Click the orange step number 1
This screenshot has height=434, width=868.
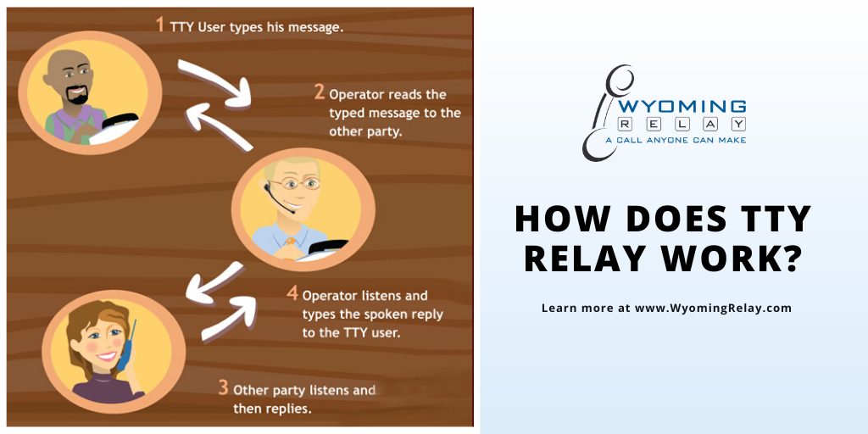[x=160, y=25]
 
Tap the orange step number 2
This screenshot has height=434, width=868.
[x=320, y=92]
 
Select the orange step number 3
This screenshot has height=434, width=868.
[x=223, y=387]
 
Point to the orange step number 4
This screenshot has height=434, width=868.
[x=292, y=292]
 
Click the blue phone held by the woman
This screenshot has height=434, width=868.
[x=126, y=346]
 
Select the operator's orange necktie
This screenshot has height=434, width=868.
[x=290, y=242]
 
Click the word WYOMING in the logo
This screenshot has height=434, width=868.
[x=682, y=106]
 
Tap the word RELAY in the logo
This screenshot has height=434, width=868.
[x=682, y=124]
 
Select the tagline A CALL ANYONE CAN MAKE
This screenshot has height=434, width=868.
[x=676, y=141]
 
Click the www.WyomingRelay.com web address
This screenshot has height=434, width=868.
[x=713, y=309]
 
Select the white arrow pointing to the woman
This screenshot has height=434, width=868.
[x=214, y=282]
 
